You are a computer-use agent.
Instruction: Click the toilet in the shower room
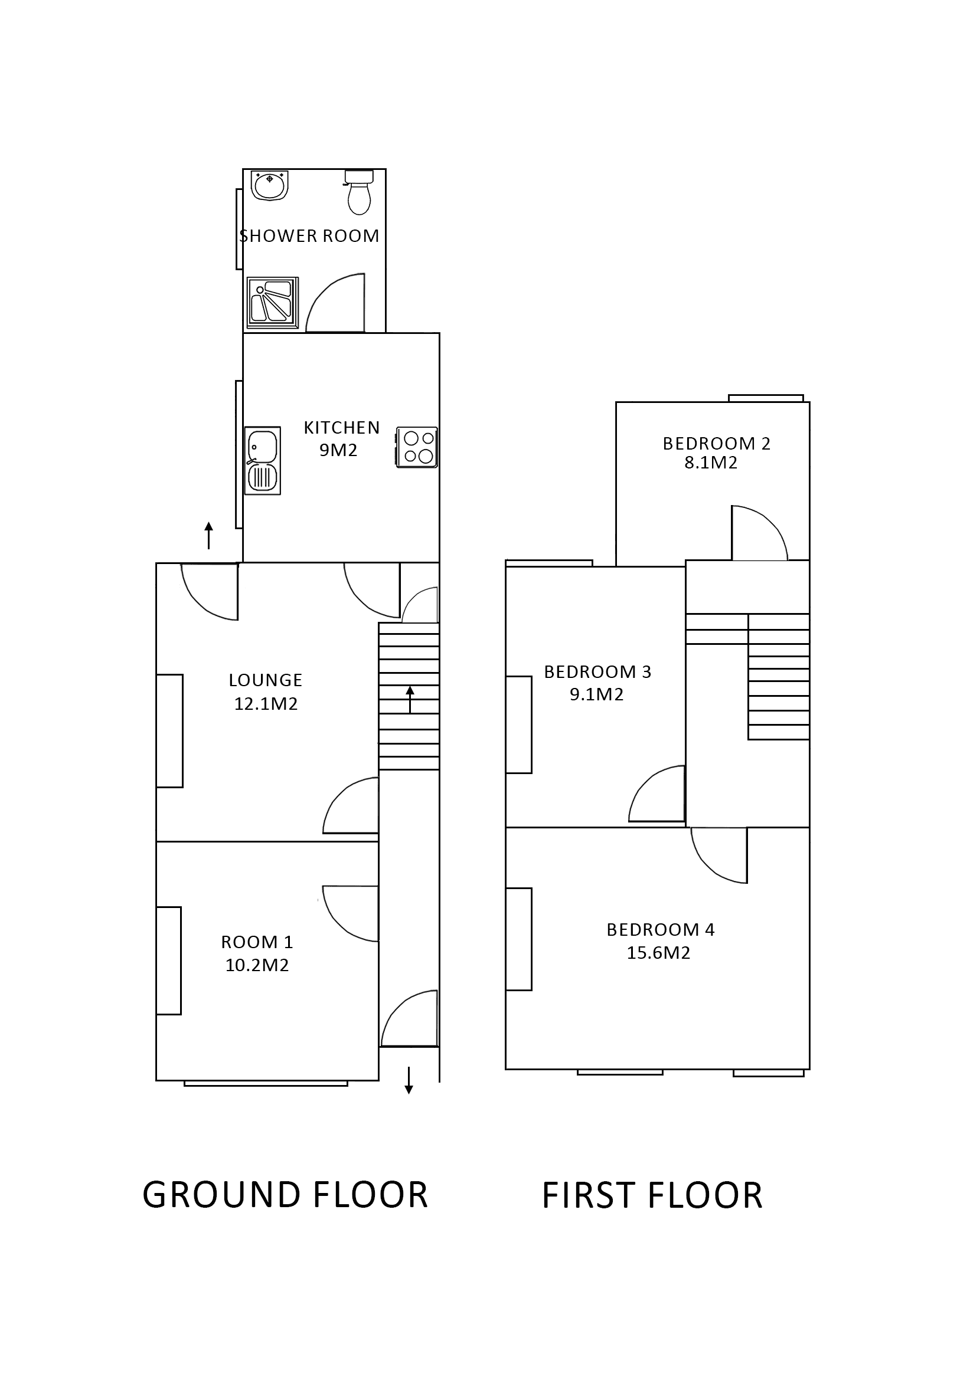(359, 192)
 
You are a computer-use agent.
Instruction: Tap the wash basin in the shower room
(270, 185)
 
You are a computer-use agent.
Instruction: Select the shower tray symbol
(273, 303)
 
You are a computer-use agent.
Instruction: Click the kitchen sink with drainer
(263, 460)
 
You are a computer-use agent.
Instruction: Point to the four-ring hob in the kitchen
(417, 447)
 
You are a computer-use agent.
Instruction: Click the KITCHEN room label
(341, 428)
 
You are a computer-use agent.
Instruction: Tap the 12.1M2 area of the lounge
(266, 704)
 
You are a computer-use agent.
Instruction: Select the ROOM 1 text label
(257, 942)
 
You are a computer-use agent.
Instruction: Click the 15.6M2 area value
(658, 953)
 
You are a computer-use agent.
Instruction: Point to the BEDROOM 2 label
(716, 444)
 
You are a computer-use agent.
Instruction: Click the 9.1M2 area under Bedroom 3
(596, 694)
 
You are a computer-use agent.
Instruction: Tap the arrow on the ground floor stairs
(410, 699)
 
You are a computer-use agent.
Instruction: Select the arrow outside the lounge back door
(209, 535)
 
